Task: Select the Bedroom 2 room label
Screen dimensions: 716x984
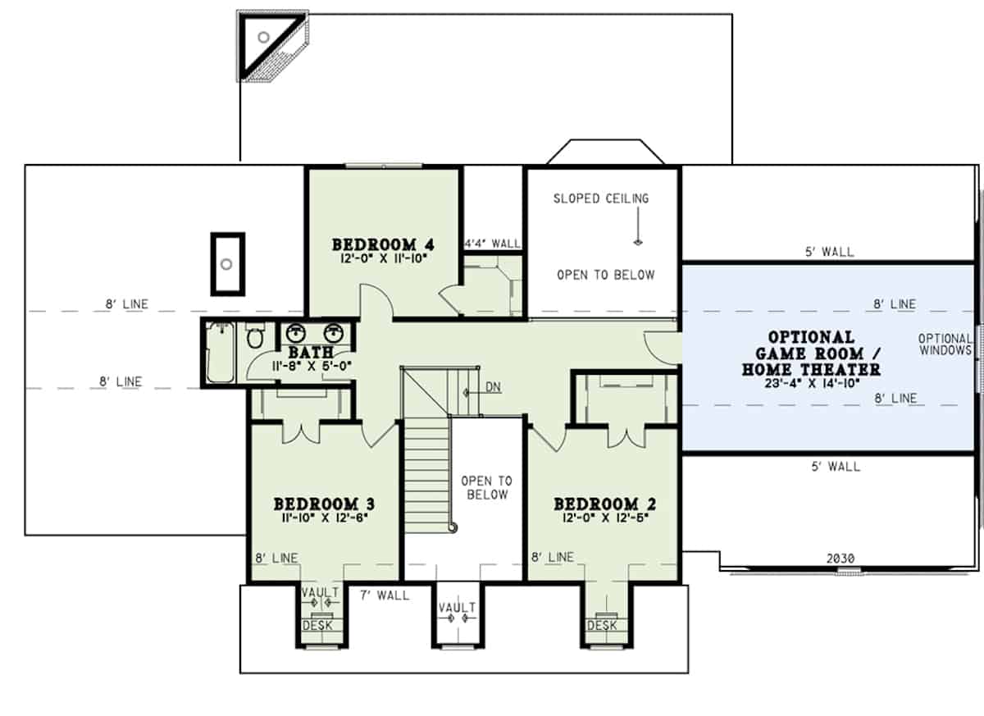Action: [x=604, y=504]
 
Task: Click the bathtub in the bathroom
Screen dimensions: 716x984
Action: [x=220, y=353]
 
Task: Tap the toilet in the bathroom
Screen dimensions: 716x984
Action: [x=254, y=338]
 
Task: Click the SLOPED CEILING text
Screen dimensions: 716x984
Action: [x=601, y=198]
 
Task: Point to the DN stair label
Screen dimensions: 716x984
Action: [x=493, y=387]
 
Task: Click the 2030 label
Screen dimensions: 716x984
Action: [x=840, y=559]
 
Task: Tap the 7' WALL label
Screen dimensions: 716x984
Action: [x=385, y=595]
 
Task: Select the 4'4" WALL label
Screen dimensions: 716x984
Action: [x=492, y=244]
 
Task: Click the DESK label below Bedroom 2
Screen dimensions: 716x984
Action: [x=602, y=626]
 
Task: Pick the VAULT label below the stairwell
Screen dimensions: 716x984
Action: [x=457, y=608]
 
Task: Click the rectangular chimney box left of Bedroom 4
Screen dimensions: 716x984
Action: [x=227, y=263]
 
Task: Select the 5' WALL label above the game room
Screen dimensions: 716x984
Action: [x=829, y=253]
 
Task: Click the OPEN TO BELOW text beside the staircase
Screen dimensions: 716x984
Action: [x=485, y=488]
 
